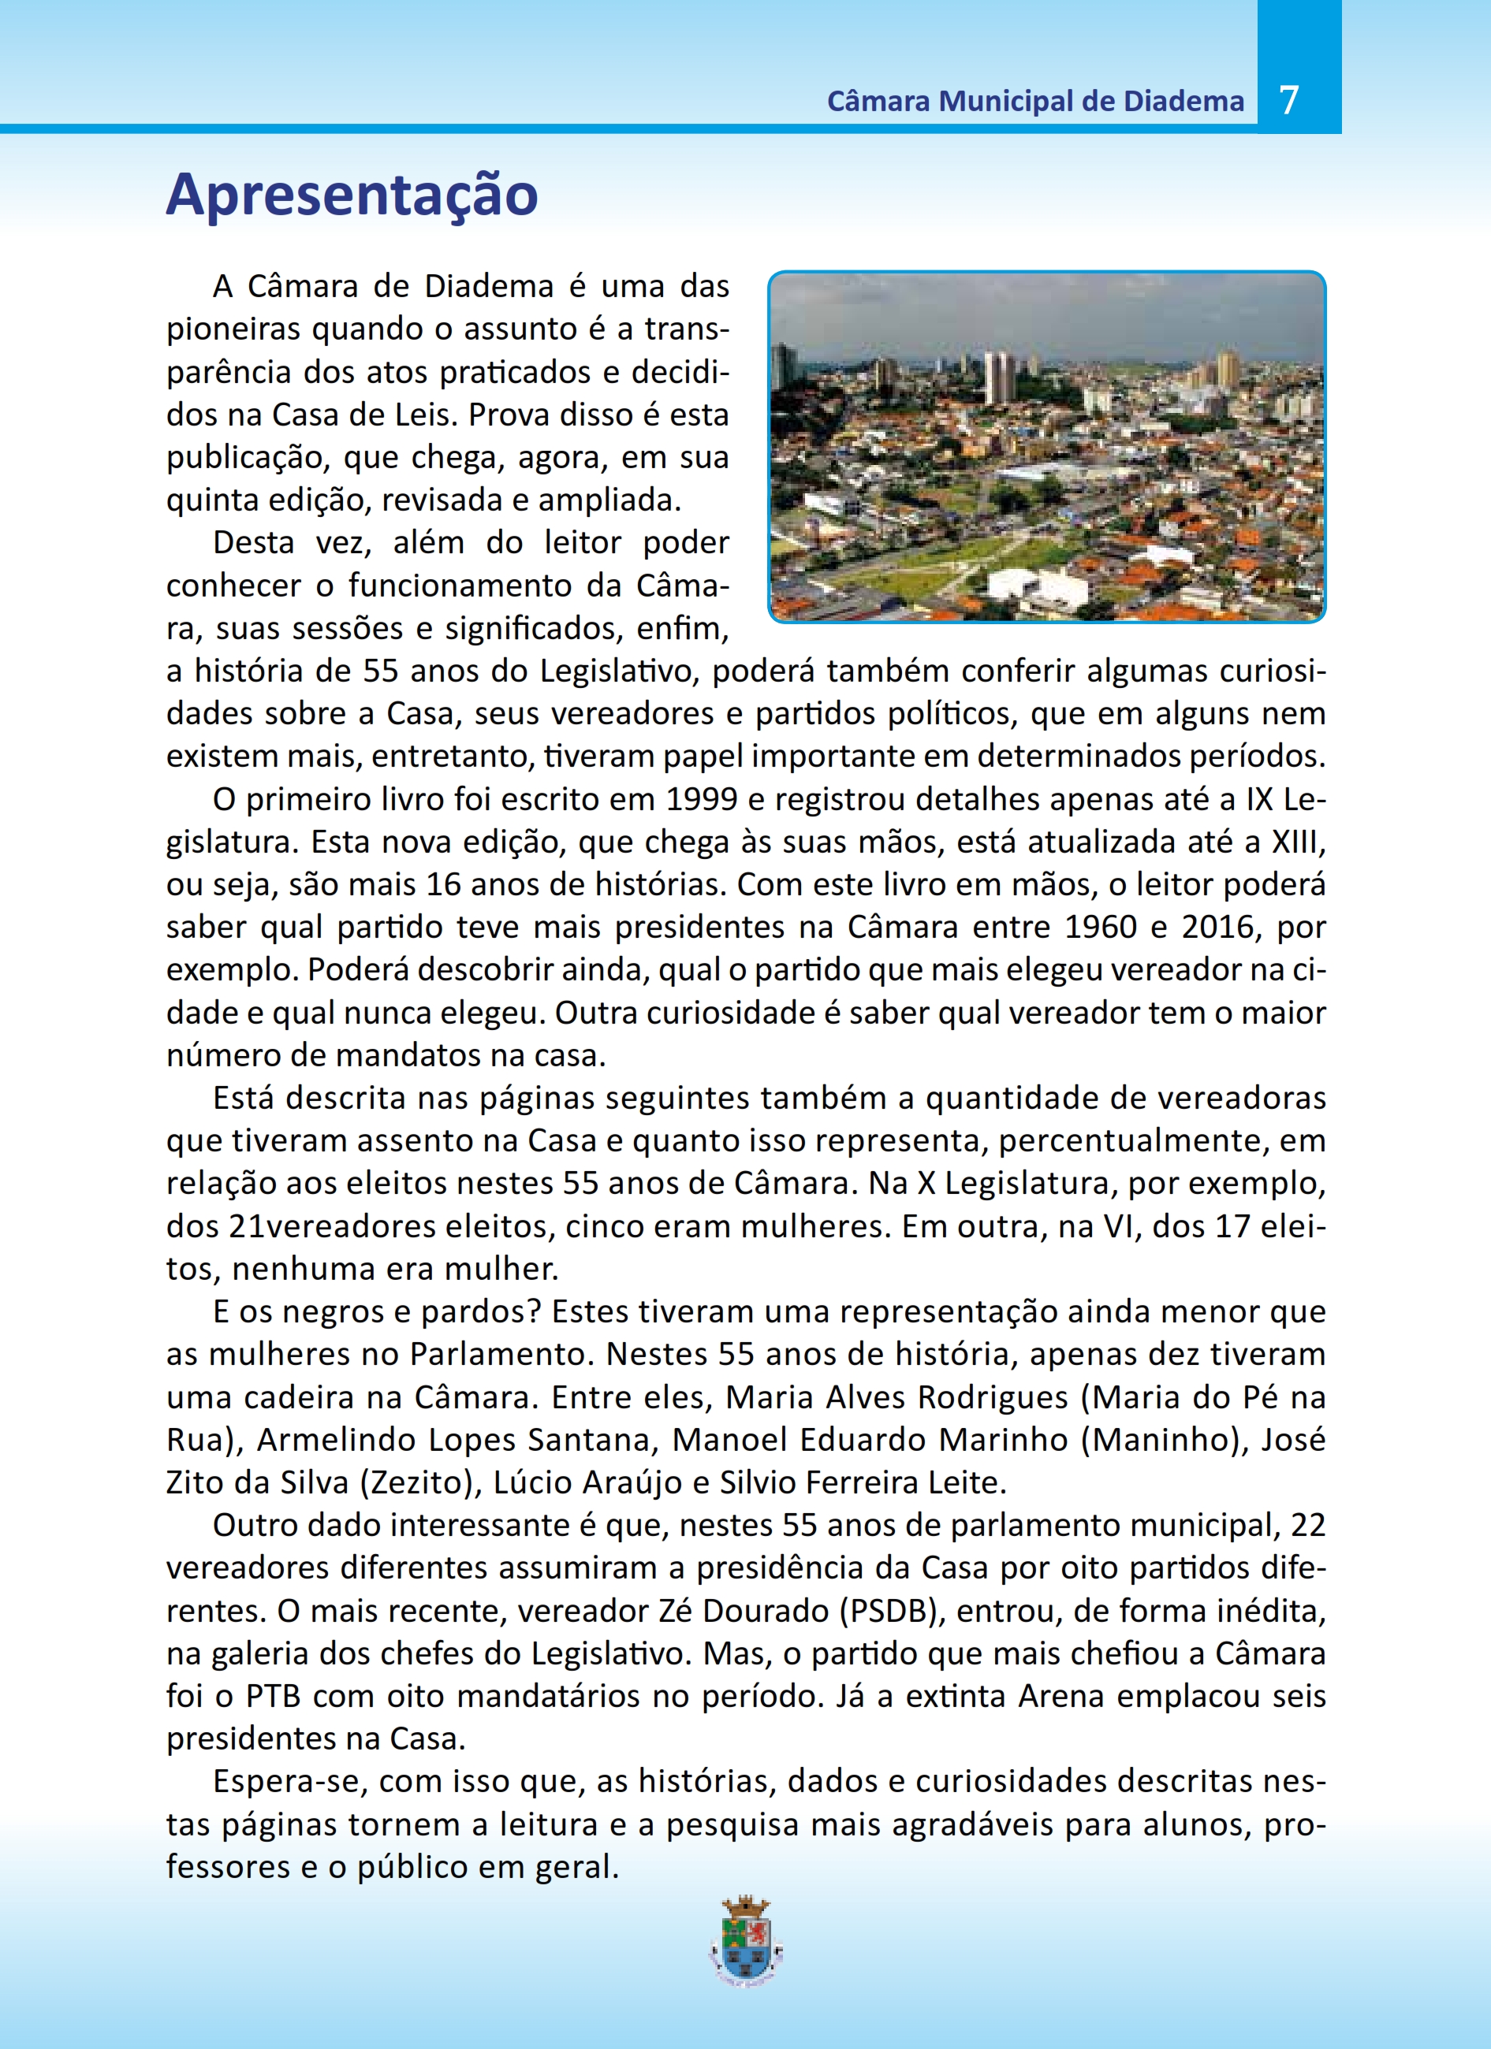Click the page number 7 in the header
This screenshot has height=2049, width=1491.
[x=1289, y=99]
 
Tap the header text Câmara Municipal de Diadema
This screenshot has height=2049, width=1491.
[x=1034, y=101]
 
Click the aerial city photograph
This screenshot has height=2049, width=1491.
[x=1046, y=446]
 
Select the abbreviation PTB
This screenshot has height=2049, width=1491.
[x=273, y=1696]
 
